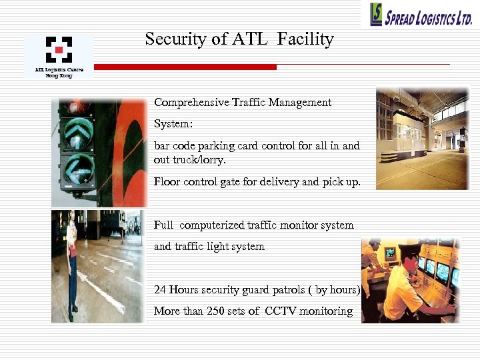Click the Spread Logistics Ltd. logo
(x=422, y=14)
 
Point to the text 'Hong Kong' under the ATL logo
(x=59, y=75)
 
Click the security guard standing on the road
(x=71, y=263)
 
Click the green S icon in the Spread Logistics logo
(x=377, y=14)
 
